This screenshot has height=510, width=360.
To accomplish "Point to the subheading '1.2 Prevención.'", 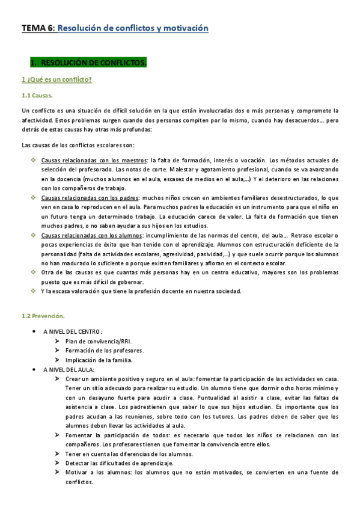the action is (43, 316).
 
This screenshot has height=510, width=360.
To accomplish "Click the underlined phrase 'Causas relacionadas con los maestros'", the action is (94, 161).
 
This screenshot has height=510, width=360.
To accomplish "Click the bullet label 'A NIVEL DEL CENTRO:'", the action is (72, 331).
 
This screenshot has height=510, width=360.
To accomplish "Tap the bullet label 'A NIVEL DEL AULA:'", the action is (69, 369).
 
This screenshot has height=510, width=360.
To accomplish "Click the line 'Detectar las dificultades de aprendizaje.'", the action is (120, 463).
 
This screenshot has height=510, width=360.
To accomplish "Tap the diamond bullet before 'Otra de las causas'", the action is (33, 272).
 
